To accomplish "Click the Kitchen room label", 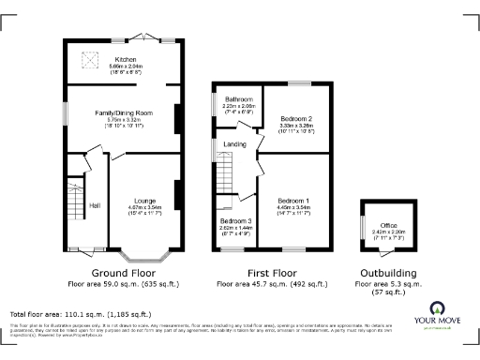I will point(126,58).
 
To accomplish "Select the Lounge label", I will point(143,200).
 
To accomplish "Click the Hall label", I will point(95,204).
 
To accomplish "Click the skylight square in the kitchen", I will point(92,60).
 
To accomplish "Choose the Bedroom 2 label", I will point(296,119).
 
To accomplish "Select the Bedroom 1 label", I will point(293,201).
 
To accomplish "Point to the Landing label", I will point(234,143).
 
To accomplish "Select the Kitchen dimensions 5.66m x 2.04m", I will point(126,66).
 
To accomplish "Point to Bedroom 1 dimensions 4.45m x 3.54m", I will point(293,207).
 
